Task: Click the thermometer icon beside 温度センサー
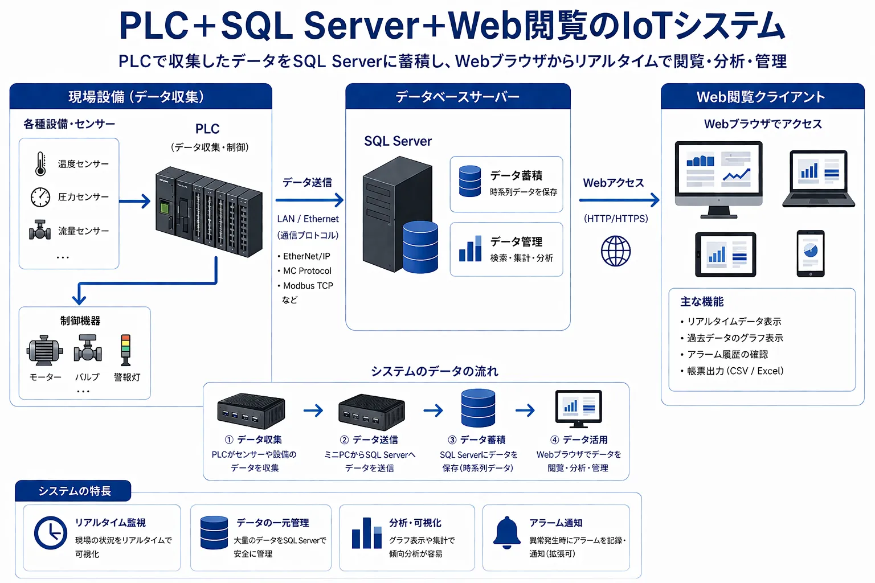40,164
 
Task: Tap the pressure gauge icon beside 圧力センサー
40,197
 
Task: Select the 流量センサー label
83,231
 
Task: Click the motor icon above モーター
44,350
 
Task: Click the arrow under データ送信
309,200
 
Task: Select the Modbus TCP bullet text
308,286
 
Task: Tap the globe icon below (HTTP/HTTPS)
616,251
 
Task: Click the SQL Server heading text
398,141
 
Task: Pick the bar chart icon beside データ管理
470,249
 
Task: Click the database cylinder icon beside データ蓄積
470,181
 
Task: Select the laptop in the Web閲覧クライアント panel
819,178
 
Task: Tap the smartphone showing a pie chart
810,253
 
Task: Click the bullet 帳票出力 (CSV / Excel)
735,371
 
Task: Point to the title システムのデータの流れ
434,371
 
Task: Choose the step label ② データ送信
369,440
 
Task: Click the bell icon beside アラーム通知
506,532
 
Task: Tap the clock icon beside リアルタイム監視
51,533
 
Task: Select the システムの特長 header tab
73,491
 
